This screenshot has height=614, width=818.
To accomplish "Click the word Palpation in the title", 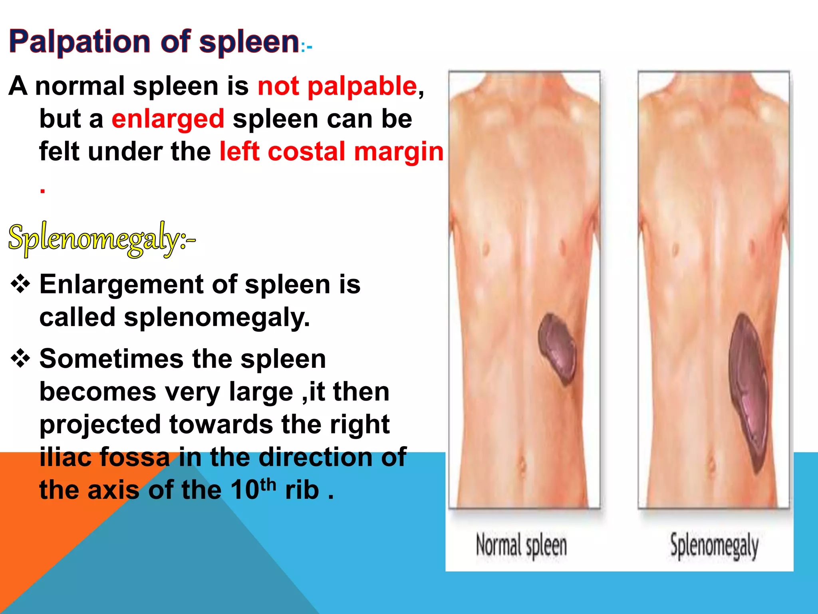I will pyautogui.click(x=79, y=42).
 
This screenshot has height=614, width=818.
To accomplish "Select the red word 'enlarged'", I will pyautogui.click(x=168, y=119).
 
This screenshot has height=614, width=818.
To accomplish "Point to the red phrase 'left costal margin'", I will pyautogui.click(x=332, y=152).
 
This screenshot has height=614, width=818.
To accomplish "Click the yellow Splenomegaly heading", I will pyautogui.click(x=102, y=239).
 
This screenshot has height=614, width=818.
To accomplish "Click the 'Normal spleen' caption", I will pyautogui.click(x=521, y=545).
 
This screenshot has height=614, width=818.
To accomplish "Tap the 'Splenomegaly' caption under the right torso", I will pyautogui.click(x=714, y=545).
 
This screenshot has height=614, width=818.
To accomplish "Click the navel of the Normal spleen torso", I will pyautogui.click(x=522, y=464).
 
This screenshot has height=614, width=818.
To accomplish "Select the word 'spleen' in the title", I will pyautogui.click(x=249, y=42).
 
